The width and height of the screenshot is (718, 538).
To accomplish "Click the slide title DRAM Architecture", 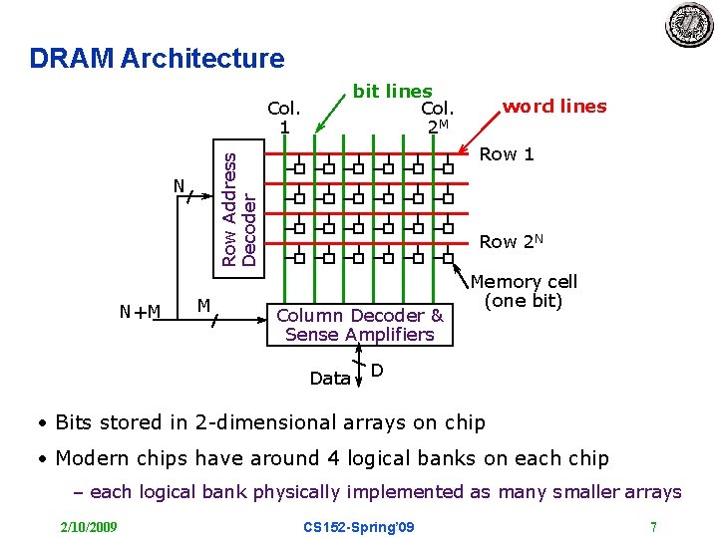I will pyautogui.click(x=157, y=59).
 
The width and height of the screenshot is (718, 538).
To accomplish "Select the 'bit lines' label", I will pyautogui.click(x=392, y=92).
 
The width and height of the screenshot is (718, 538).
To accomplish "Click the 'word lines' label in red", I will pyautogui.click(x=553, y=107).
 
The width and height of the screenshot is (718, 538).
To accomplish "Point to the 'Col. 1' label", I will pyautogui.click(x=285, y=117).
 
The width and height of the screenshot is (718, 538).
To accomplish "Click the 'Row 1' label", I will pyautogui.click(x=507, y=154).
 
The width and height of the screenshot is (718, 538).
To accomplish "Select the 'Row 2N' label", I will pyautogui.click(x=512, y=241).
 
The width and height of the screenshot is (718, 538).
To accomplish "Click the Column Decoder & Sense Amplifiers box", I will pyautogui.click(x=359, y=325).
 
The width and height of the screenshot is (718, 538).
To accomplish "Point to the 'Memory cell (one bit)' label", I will pyautogui.click(x=524, y=291).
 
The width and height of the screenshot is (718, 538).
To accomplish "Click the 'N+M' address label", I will pyautogui.click(x=140, y=312).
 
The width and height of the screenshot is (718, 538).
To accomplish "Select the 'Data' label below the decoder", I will pyautogui.click(x=329, y=379).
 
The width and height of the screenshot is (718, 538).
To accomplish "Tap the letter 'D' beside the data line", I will pyautogui.click(x=377, y=372).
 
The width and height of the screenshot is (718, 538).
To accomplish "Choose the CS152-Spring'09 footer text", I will pyautogui.click(x=359, y=526).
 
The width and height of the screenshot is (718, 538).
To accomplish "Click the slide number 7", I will pyautogui.click(x=653, y=526).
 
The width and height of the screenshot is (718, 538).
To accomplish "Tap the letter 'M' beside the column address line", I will pyautogui.click(x=202, y=304).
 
